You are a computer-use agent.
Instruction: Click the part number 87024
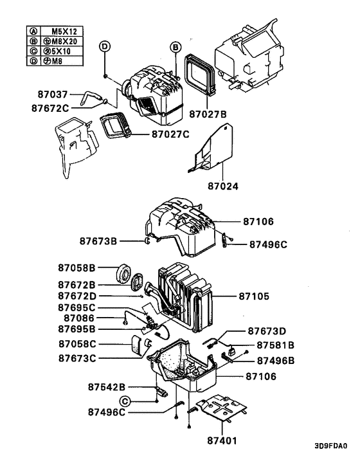pyautogui.click(x=222, y=187)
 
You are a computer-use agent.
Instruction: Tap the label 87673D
pyautogui.click(x=270, y=331)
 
